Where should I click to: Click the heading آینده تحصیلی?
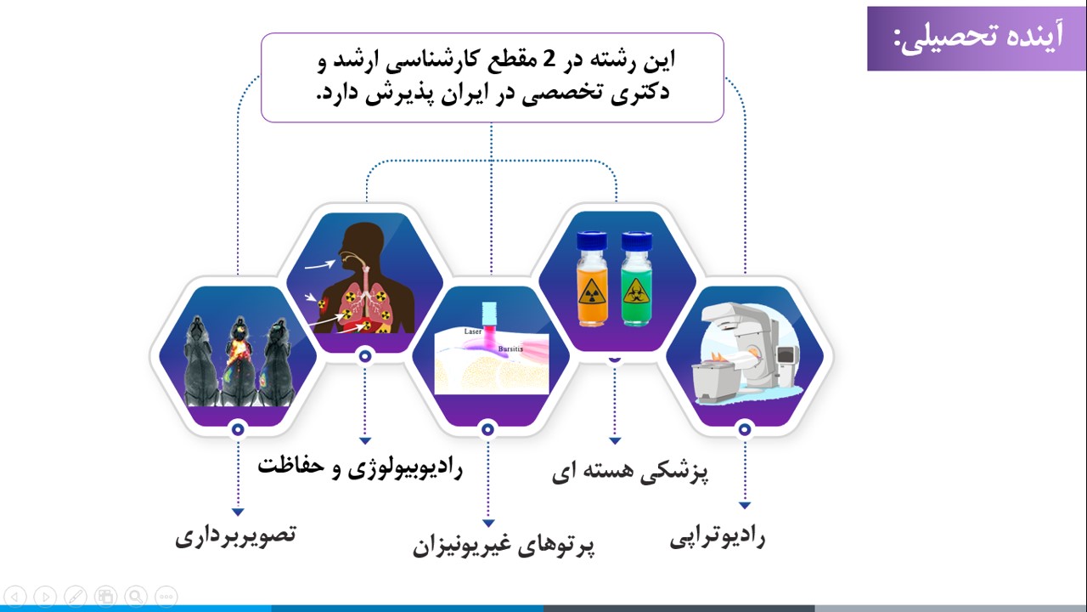click(977, 38)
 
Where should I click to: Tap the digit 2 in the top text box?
click(548, 59)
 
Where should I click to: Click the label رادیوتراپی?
click(718, 537)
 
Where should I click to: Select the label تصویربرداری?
click(236, 535)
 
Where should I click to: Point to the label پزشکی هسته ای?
click(630, 472)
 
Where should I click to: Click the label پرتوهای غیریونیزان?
click(504, 546)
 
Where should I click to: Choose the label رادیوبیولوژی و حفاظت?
click(360, 467)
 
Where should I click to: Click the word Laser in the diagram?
click(473, 331)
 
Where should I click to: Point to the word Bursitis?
click(510, 348)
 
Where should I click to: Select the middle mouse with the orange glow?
click(239, 361)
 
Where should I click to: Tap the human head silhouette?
click(361, 243)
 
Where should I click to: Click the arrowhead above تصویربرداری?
click(238, 512)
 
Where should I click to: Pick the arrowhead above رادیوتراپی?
click(745, 505)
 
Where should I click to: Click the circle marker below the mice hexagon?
click(238, 429)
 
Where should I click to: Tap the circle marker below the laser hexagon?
click(487, 429)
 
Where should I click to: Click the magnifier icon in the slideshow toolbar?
click(136, 597)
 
